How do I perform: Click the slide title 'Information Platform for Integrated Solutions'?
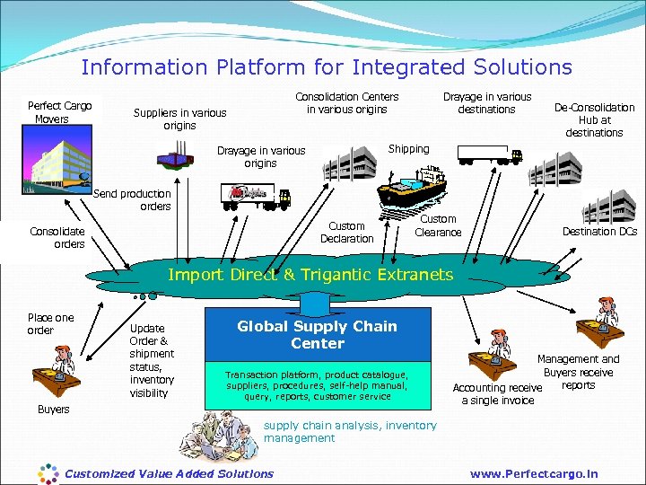pos(326,67)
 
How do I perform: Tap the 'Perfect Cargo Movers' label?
pos(59,112)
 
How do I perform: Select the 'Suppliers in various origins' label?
pos(179,119)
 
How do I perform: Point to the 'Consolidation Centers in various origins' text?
pos(346,103)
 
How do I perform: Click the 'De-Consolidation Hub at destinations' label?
pos(594,119)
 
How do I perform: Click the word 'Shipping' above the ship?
pos(408,149)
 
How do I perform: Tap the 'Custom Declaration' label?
pos(346,233)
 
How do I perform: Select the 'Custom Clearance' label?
pos(438,225)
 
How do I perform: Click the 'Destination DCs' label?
pos(599,232)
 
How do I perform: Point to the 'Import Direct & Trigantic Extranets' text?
pos(310,275)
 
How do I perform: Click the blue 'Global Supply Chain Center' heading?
pos(317,335)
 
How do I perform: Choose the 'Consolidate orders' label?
pos(57,237)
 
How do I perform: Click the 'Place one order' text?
pos(50,323)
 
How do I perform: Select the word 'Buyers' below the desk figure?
pos(53,410)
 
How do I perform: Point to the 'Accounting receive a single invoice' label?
pos(497,394)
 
